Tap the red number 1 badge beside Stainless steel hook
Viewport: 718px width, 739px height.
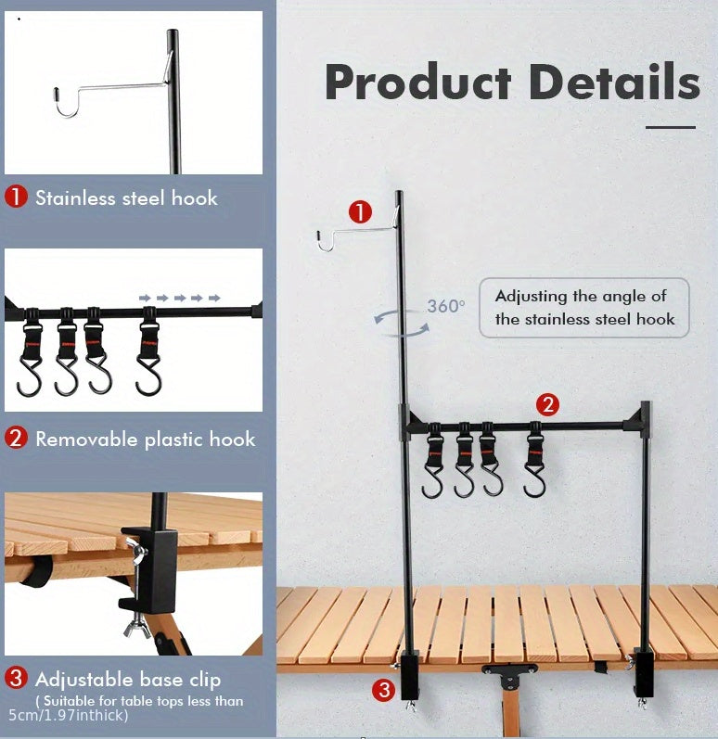pyautogui.click(x=17, y=197)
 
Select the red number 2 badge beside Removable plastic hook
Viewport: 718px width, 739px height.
pyautogui.click(x=17, y=439)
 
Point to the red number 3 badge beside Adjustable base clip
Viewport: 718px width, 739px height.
pyautogui.click(x=17, y=678)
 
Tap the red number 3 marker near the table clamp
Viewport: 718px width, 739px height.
pyautogui.click(x=385, y=689)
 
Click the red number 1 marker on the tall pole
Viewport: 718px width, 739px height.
pyautogui.click(x=361, y=212)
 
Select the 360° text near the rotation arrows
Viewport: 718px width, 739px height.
pyautogui.click(x=446, y=306)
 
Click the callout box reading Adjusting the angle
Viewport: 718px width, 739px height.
pyautogui.click(x=583, y=308)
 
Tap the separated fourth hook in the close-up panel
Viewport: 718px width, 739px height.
pyautogui.click(x=148, y=352)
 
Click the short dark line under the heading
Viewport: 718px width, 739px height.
pyautogui.click(x=670, y=127)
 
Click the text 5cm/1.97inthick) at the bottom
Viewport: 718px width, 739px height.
pyautogui.click(x=69, y=716)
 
